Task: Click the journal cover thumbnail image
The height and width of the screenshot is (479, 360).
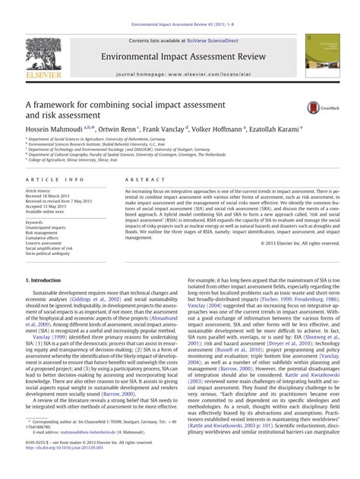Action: pos(319,61)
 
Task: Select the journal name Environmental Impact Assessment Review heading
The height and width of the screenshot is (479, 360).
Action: pos(180,55)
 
